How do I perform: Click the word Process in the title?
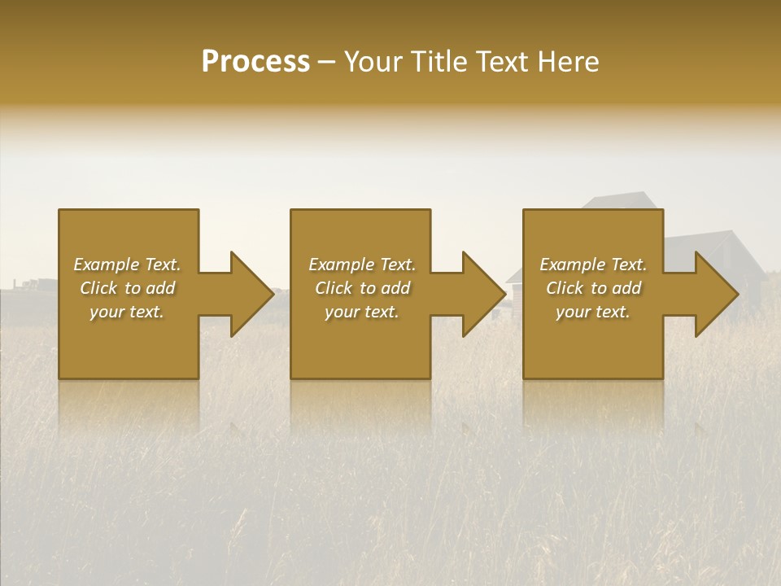click(255, 62)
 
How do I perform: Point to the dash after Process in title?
click(326, 63)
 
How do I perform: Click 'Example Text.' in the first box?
click(127, 265)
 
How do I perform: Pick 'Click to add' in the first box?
click(127, 288)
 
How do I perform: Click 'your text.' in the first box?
click(127, 312)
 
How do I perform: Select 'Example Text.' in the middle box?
click(362, 265)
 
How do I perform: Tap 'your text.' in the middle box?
click(362, 312)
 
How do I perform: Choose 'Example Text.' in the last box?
click(593, 265)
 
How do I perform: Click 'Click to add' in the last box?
click(593, 288)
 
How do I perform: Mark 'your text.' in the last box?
click(593, 312)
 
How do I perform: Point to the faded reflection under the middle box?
click(360, 403)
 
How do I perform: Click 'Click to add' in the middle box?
click(362, 288)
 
